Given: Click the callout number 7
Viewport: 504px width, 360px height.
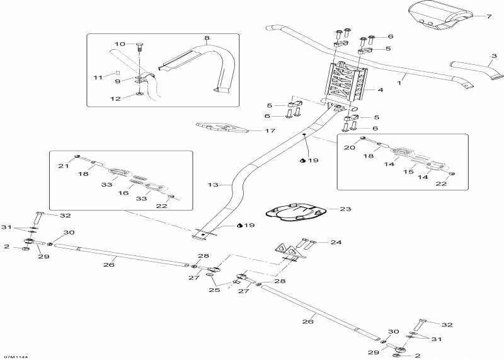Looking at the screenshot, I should pyautogui.click(x=489, y=16).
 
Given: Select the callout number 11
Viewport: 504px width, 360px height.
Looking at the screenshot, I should pyautogui.click(x=97, y=77).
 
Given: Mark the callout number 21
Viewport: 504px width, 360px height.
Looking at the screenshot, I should pyautogui.click(x=62, y=166).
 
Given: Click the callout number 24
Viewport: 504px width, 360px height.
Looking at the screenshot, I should pyautogui.click(x=336, y=242).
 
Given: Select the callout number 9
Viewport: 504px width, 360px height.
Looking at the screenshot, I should pyautogui.click(x=117, y=81).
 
